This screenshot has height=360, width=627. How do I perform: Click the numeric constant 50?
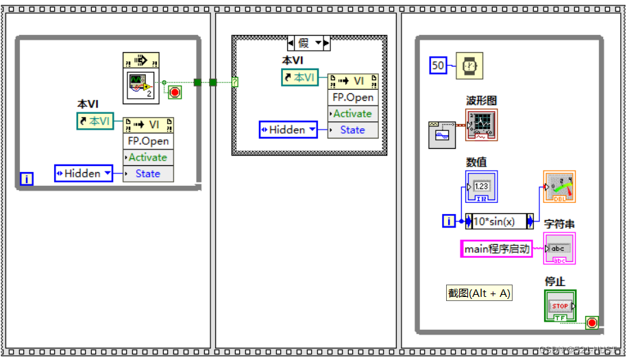coord(438,65)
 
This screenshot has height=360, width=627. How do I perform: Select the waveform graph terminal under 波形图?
coord(482,125)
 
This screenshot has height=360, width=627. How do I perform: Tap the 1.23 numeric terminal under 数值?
coord(481,187)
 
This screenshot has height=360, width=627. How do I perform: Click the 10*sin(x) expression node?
coord(499,221)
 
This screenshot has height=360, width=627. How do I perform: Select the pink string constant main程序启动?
coord(497,249)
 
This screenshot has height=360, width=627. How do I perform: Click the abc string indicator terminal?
coord(559,248)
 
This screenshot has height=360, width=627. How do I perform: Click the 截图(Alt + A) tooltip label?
coord(480,293)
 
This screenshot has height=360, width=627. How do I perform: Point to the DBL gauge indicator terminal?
coord(559,187)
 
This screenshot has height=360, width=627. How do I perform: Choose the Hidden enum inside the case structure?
coord(288,130)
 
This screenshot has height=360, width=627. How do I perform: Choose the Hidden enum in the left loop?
coord(84,173)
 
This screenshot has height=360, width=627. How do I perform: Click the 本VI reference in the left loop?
coord(95,121)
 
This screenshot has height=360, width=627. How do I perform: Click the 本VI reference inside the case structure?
coord(300,77)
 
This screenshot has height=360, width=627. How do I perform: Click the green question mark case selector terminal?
coord(235,82)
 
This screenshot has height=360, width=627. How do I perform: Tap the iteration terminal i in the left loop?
coord(27,179)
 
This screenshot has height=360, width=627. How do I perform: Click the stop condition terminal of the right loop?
coord(591,322)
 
